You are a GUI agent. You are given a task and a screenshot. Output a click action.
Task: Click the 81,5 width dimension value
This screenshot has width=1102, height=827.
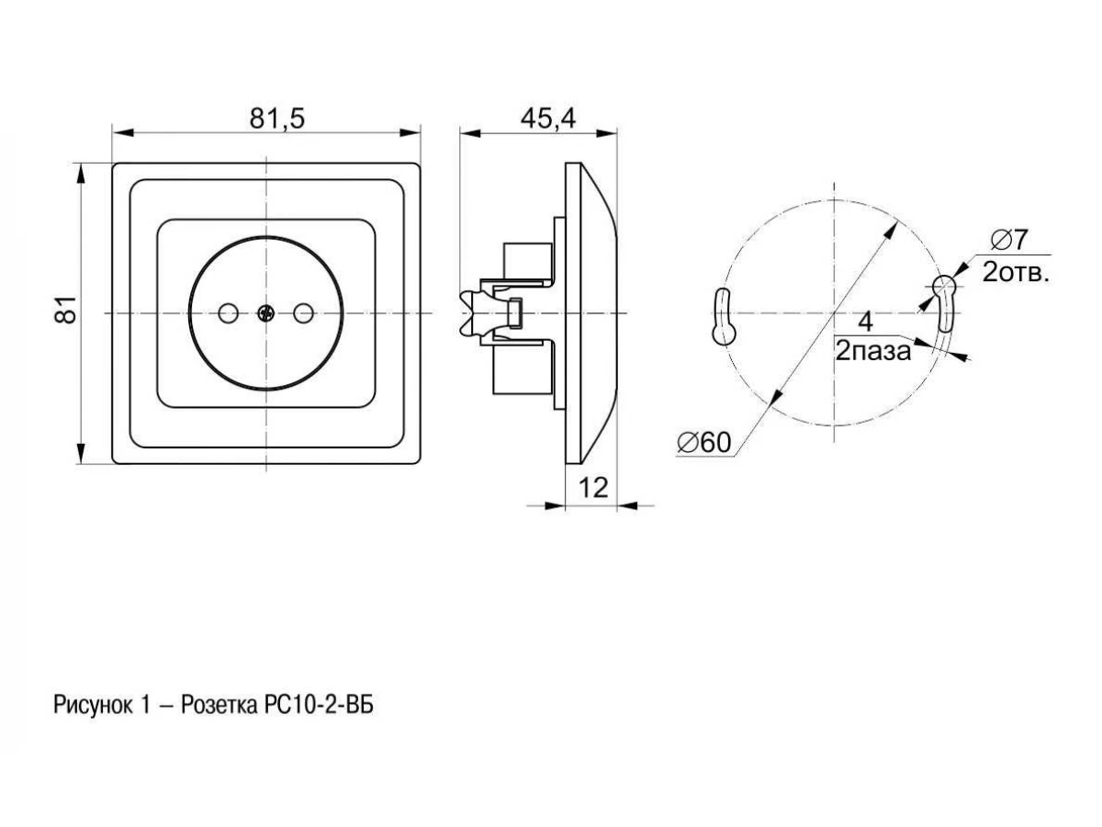point(276,119)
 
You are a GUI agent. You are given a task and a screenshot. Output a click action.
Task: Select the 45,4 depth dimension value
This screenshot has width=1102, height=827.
point(547,119)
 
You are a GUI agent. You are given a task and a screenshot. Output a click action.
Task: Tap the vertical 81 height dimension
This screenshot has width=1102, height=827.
point(66,310)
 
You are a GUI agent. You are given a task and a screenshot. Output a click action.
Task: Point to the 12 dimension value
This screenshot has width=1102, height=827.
point(593,487)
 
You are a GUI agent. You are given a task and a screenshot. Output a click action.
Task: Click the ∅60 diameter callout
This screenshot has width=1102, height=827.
point(703,442)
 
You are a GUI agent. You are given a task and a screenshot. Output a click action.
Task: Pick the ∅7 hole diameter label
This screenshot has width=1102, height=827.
point(1009,240)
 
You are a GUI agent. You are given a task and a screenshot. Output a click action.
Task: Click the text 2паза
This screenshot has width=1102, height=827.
point(873,352)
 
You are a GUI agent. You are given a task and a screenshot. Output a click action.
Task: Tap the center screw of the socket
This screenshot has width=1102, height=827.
point(265,314)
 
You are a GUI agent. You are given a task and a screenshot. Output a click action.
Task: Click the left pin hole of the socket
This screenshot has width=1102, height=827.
point(229,314)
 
